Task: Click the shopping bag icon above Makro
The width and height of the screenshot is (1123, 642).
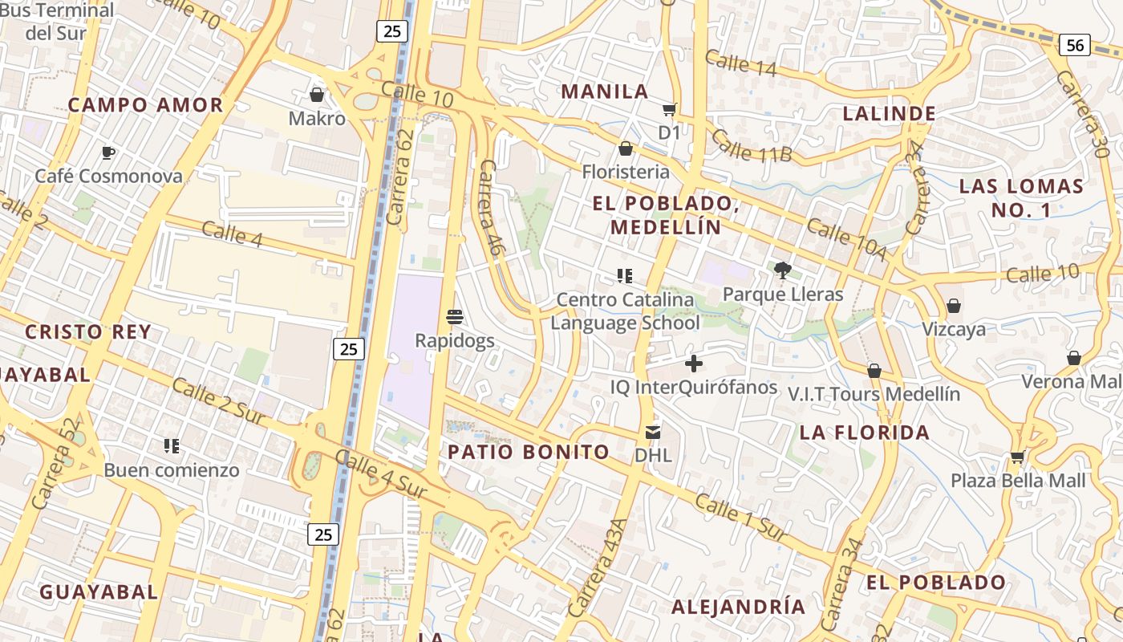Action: click(317, 95)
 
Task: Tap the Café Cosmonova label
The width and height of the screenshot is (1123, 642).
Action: click(108, 176)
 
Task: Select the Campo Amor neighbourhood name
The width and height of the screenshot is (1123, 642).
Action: click(145, 105)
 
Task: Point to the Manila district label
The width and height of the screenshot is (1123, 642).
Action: click(605, 91)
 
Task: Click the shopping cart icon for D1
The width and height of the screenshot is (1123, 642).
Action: click(669, 109)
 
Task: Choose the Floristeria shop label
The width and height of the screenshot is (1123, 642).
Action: click(626, 172)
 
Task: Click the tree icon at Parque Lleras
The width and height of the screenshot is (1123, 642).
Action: click(783, 270)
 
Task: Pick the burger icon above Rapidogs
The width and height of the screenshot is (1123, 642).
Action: click(455, 317)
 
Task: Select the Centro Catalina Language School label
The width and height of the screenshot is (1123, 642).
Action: click(625, 311)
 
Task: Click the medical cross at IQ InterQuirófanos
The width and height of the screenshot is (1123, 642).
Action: click(694, 364)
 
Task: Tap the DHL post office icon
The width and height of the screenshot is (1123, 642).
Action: click(653, 433)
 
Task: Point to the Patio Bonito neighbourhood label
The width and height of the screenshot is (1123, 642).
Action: click(529, 452)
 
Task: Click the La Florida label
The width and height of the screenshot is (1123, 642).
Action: click(865, 433)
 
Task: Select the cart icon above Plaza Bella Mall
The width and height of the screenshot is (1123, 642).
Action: click(1018, 457)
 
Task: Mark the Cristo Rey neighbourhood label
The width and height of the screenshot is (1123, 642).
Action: click(88, 332)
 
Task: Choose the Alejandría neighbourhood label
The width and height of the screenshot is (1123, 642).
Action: click(738, 607)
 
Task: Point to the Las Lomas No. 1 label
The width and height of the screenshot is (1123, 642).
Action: click(1021, 198)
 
